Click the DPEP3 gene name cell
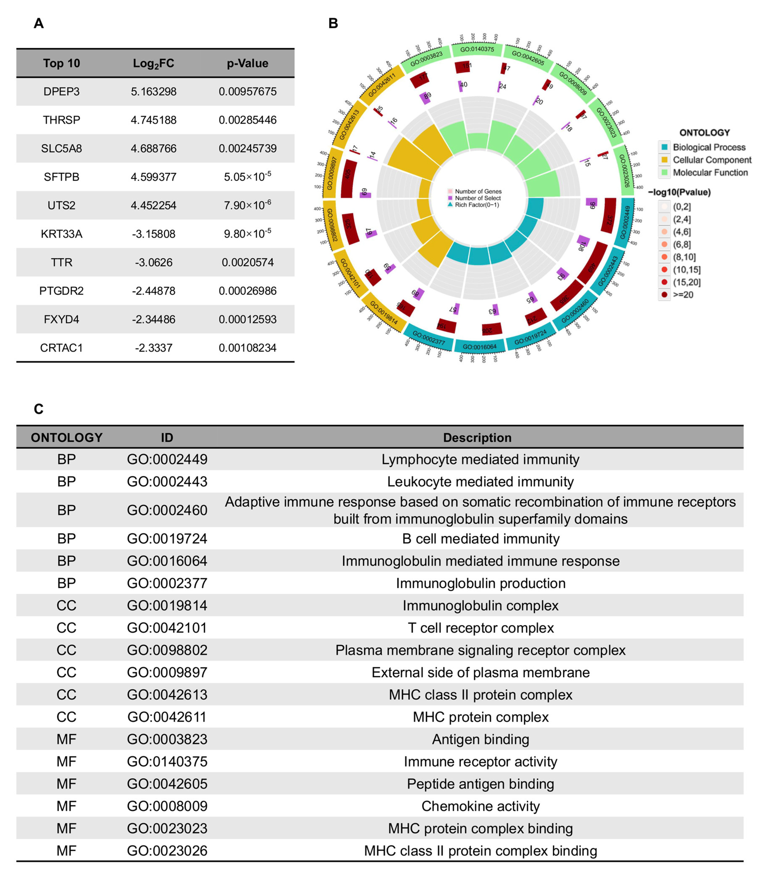click(61, 91)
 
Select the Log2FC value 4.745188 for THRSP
click(153, 120)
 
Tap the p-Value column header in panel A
click(247, 63)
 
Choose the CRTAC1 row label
click(61, 348)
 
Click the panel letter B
click(333, 23)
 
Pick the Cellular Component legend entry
click(711, 160)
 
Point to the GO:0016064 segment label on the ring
click(479, 347)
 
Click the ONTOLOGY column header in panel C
click(66, 437)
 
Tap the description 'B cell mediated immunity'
click(480, 539)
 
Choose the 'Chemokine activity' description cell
click(480, 806)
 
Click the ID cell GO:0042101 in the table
click(167, 628)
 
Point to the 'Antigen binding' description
click(480, 739)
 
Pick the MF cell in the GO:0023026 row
click(66, 851)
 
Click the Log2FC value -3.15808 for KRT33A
click(153, 234)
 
